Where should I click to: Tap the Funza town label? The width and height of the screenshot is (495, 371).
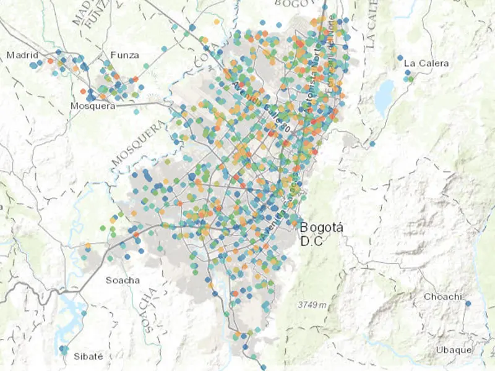pos(124,55)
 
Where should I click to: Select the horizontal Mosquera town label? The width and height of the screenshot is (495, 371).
pos(93,106)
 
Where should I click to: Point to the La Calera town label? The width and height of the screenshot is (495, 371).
pos(426,63)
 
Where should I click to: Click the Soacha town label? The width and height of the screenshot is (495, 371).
pos(123,280)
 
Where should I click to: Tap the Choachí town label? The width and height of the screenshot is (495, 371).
pos(442,297)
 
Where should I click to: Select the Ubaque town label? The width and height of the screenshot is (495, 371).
pos(453,350)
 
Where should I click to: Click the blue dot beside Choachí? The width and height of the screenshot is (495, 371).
pos(468,304)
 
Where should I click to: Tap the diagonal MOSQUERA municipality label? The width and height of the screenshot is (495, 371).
pos(140,144)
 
